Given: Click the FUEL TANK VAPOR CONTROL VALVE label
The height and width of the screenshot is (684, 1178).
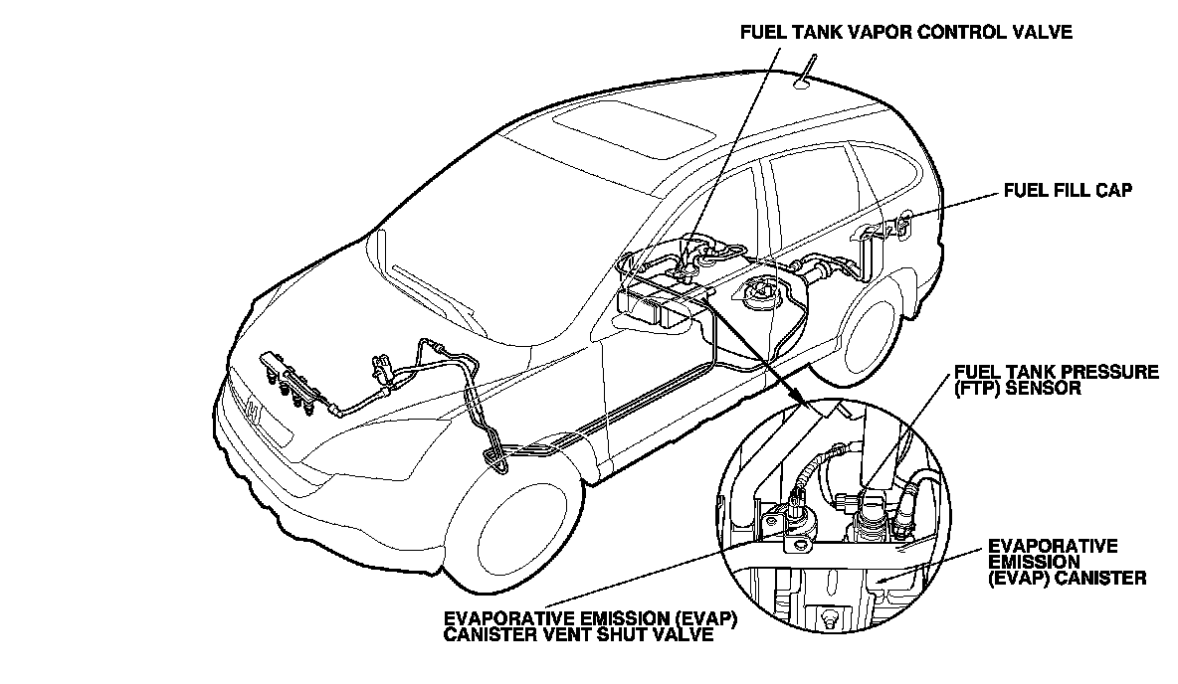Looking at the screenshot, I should pos(905,32).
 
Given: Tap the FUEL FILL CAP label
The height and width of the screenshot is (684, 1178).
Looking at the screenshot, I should pos(1068,191).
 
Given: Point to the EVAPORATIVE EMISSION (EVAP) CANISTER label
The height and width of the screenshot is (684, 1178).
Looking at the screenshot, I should pos(1067,562).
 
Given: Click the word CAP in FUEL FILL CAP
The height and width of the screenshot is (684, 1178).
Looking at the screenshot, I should pos(1113,191).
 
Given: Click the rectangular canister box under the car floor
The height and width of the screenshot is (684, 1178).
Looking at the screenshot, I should pos(652,303).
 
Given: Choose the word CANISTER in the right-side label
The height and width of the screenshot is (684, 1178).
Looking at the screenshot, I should pos(1105,577).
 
